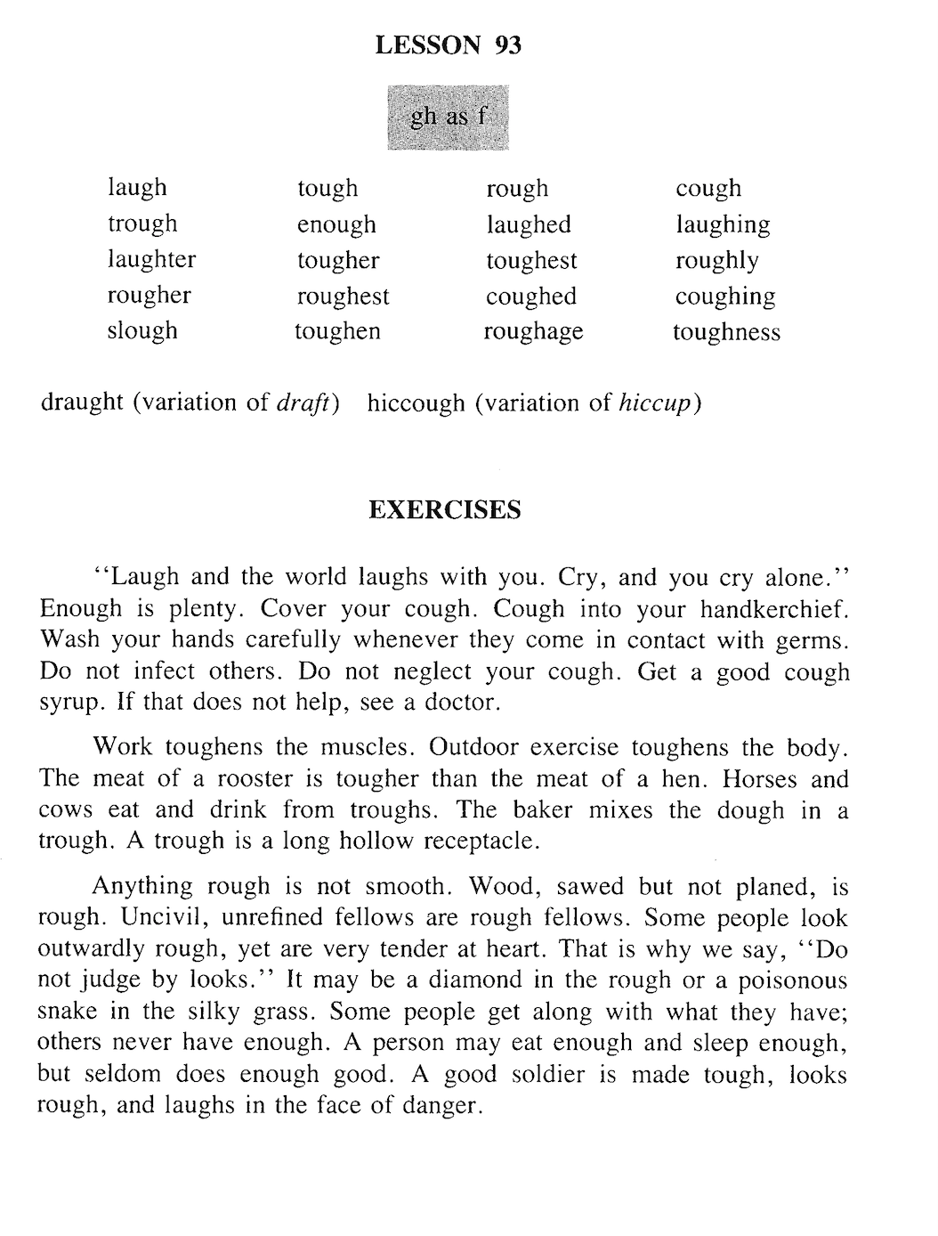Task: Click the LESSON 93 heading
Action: (x=448, y=45)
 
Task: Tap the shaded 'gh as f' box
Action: (x=448, y=117)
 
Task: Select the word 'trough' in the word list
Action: (x=142, y=224)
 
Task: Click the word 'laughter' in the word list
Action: (x=151, y=259)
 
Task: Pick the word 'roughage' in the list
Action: (x=533, y=331)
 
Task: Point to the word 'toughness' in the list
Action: (x=726, y=332)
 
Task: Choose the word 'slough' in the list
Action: (x=142, y=331)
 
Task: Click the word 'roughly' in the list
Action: (x=716, y=261)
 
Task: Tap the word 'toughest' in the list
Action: (x=531, y=261)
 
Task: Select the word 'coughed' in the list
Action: (x=531, y=297)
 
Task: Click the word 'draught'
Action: (x=82, y=403)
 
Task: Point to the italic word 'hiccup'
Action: (x=654, y=403)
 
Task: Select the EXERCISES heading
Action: (x=444, y=510)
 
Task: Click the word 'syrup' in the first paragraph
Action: (x=69, y=703)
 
